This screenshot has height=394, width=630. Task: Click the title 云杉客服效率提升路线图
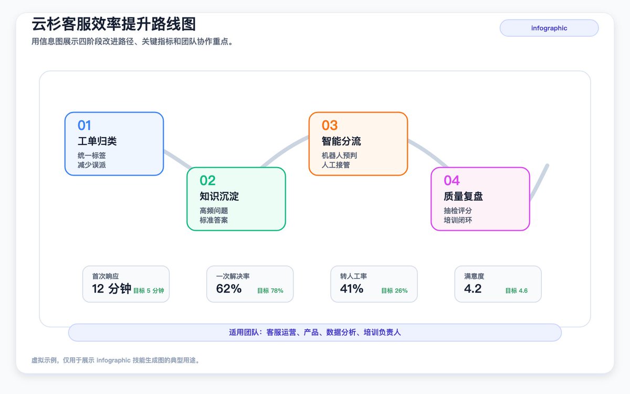pyautogui.click(x=113, y=24)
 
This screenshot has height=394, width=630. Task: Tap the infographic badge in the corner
pyautogui.click(x=549, y=28)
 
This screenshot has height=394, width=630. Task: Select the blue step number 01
pyautogui.click(x=85, y=126)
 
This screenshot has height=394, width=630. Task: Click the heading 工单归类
pyautogui.click(x=97, y=141)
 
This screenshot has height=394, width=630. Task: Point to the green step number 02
pyautogui.click(x=207, y=181)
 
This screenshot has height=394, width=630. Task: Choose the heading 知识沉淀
pyautogui.click(x=219, y=196)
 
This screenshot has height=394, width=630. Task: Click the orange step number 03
pyautogui.click(x=330, y=126)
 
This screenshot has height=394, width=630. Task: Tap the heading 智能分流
pyautogui.click(x=341, y=141)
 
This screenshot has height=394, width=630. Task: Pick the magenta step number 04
pyautogui.click(x=451, y=181)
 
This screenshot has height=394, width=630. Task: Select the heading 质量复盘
pyautogui.click(x=463, y=196)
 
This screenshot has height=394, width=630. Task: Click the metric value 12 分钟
pyautogui.click(x=112, y=288)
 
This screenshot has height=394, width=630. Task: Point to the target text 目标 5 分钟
pyautogui.click(x=149, y=291)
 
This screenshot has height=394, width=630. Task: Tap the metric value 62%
pyautogui.click(x=229, y=288)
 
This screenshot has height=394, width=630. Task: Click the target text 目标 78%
pyautogui.click(x=270, y=291)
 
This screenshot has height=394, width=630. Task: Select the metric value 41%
pyautogui.click(x=352, y=288)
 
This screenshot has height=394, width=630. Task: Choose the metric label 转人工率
pyautogui.click(x=353, y=276)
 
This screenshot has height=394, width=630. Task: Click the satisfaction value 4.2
pyautogui.click(x=473, y=288)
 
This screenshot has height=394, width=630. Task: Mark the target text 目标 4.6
pyautogui.click(x=517, y=291)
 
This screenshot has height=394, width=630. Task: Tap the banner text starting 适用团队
pyautogui.click(x=314, y=333)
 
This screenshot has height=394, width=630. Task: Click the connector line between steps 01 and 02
pyautogui.click(x=177, y=159)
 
